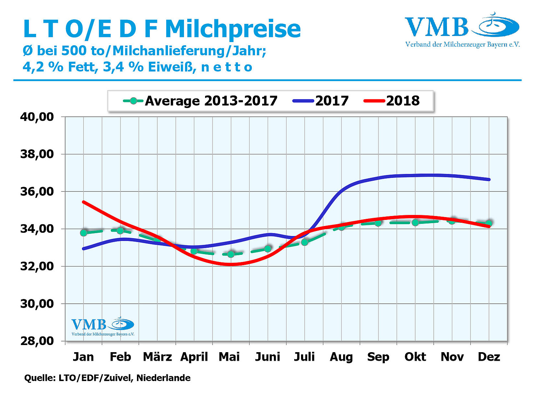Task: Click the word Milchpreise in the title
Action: [233, 29]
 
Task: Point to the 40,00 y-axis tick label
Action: [37, 117]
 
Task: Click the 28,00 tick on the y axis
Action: [37, 341]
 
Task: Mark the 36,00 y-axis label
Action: [37, 192]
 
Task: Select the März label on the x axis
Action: [157, 357]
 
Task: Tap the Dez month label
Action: [489, 357]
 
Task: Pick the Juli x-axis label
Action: [304, 357]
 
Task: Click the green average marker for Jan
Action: [84, 233]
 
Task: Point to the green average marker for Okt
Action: [415, 222]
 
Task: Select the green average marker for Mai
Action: [231, 254]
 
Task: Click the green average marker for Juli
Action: [304, 242]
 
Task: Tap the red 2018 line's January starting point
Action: [83, 202]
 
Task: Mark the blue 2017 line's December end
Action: [489, 179]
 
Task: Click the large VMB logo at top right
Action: [462, 30]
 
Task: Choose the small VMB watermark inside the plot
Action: [103, 327]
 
